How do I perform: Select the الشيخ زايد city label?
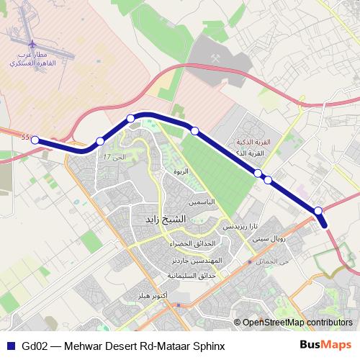tap(166, 218)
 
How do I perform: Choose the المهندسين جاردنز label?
tap(202, 260)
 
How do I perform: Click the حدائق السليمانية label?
tap(192, 276)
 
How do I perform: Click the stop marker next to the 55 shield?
tap(35, 140)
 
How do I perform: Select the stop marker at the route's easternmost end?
tap(318, 210)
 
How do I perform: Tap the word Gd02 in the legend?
tap(34, 346)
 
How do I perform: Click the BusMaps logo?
tap(326, 345)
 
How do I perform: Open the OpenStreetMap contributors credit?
tap(297, 322)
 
